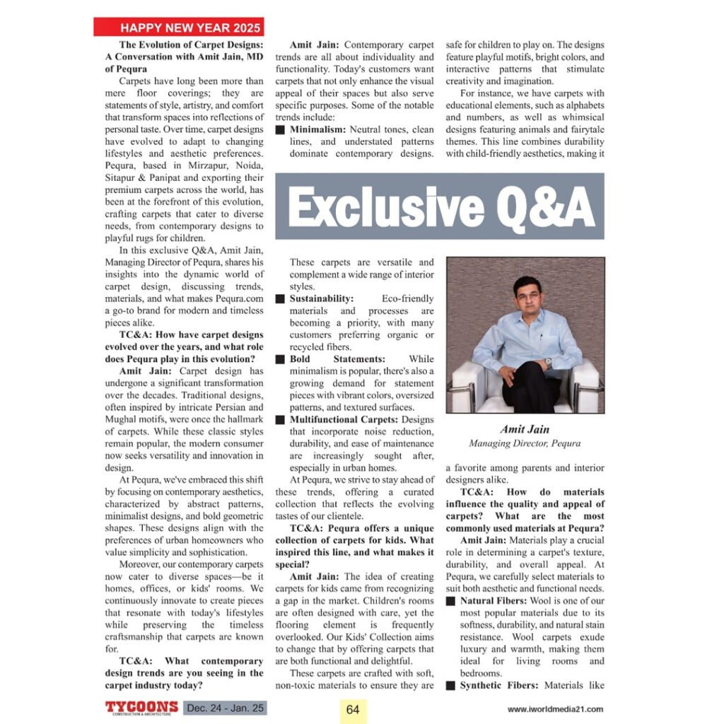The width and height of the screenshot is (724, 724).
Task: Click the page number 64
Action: pyautogui.click(x=354, y=708)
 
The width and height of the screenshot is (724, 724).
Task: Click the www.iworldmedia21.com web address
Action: pyautogui.click(x=555, y=709)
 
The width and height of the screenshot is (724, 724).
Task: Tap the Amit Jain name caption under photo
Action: pyautogui.click(x=524, y=429)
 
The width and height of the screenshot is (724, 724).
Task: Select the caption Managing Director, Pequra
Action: pyautogui.click(x=524, y=443)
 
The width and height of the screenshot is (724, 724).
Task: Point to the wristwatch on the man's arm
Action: pyautogui.click(x=547, y=363)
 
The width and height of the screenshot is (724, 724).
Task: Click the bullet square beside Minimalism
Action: pyautogui.click(x=280, y=130)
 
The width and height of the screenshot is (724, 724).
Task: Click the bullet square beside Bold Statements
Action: pyautogui.click(x=280, y=359)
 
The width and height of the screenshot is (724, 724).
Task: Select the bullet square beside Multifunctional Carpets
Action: pyautogui.click(x=280, y=419)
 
